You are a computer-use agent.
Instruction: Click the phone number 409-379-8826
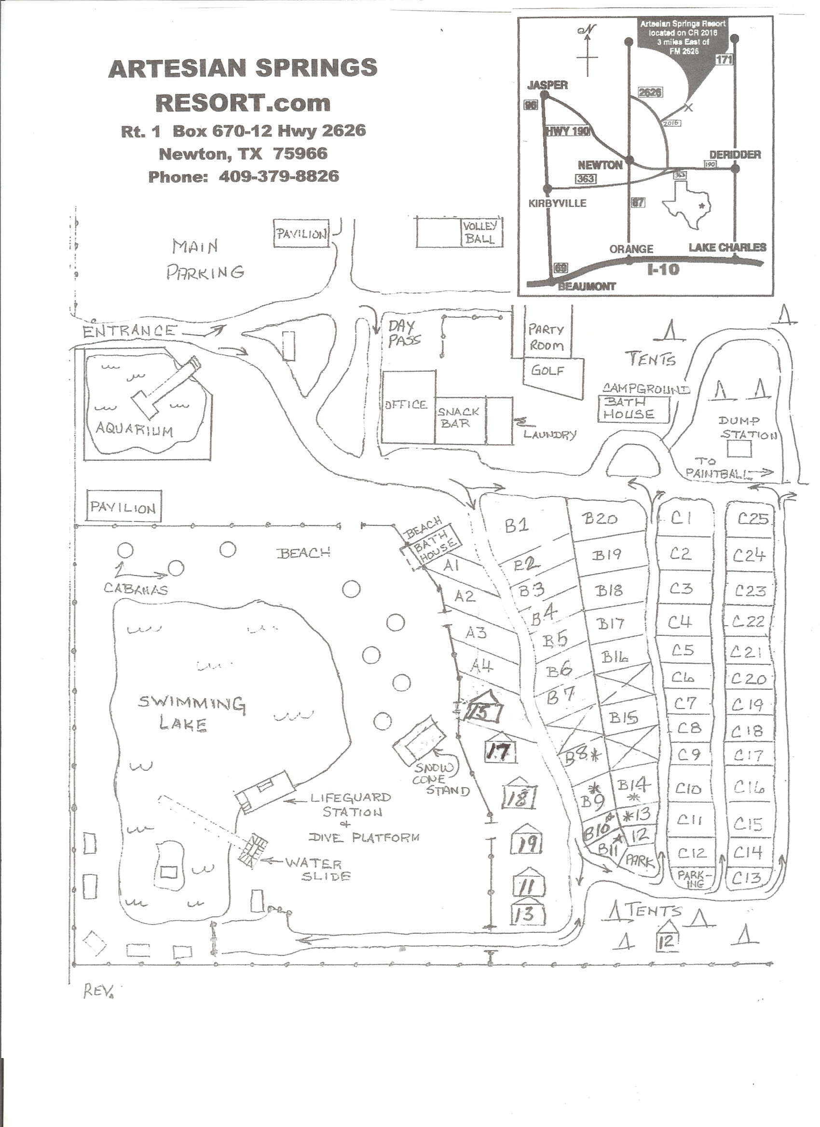pos(279,176)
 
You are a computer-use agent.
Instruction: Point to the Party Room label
pos(547,337)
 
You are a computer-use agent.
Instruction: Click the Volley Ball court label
pos(480,232)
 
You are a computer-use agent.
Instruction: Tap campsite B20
pos(600,519)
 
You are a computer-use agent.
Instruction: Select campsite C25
pos(753,519)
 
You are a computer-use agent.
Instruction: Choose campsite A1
pos(451,565)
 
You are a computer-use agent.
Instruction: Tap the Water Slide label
pos(319,870)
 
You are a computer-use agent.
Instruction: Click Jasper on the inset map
pos(547,85)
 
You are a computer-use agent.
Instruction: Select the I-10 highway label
pos(663,270)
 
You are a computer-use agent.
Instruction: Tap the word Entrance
pos(129,331)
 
